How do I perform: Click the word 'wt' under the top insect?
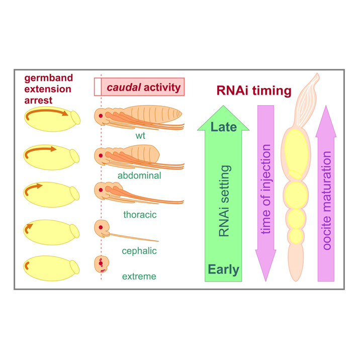(140, 136)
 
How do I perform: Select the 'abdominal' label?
(139, 175)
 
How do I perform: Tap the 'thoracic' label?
(140, 215)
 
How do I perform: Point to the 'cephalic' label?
(139, 251)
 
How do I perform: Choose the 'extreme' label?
(139, 276)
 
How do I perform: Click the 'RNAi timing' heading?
(254, 91)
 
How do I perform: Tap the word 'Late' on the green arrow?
(224, 127)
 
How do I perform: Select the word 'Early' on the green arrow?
(224, 270)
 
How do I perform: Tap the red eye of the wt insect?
(101, 116)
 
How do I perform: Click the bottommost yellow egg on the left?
(50, 268)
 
